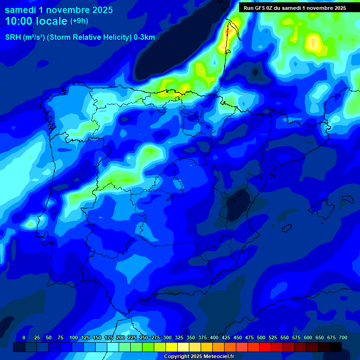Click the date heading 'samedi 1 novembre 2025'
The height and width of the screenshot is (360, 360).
click(x=59, y=9)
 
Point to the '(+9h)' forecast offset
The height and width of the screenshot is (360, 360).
click(x=79, y=21)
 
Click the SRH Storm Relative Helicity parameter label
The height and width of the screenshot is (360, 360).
click(x=80, y=37)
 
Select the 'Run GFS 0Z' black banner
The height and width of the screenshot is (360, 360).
click(x=294, y=7)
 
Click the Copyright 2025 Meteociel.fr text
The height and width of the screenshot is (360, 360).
click(x=198, y=356)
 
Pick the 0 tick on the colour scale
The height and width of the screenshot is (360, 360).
click(x=24, y=337)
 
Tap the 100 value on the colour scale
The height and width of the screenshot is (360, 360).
click(x=73, y=337)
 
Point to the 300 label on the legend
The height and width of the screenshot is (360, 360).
click(x=167, y=337)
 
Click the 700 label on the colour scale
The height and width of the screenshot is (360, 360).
click(x=343, y=337)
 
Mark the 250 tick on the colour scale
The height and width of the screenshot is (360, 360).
click(x=144, y=337)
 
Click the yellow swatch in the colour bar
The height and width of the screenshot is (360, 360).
click(x=172, y=347)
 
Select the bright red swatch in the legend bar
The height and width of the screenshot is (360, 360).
click(x=265, y=347)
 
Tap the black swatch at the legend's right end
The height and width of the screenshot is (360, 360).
click(x=336, y=347)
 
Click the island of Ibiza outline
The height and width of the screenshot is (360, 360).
click(x=287, y=227)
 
